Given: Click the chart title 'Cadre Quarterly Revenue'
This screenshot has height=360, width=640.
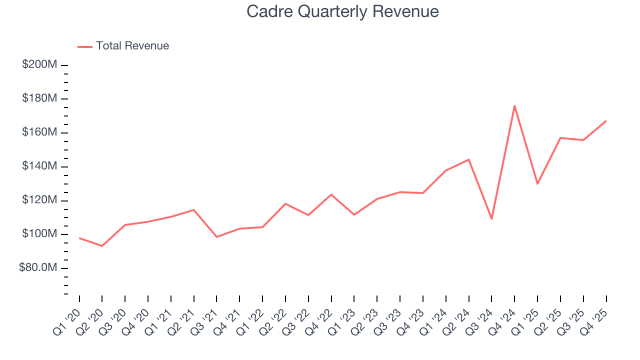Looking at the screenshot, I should pyautogui.click(x=342, y=11).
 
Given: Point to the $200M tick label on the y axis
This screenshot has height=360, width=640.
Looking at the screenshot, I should pyautogui.click(x=39, y=65).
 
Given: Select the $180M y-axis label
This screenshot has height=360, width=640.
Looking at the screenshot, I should pyautogui.click(x=39, y=98).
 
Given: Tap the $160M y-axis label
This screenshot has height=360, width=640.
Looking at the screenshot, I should pyautogui.click(x=39, y=132).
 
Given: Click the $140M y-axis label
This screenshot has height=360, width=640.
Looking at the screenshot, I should pyautogui.click(x=39, y=166).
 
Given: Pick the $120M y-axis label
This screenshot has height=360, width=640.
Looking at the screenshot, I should pyautogui.click(x=39, y=200).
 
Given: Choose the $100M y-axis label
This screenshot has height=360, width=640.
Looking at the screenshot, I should pyautogui.click(x=39, y=234).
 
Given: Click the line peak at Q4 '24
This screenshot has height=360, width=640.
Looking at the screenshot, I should pyautogui.click(x=514, y=105).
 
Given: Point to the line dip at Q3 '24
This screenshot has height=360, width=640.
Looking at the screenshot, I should pyautogui.click(x=491, y=219).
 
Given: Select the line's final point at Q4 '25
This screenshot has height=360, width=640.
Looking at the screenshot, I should pyautogui.click(x=606, y=121).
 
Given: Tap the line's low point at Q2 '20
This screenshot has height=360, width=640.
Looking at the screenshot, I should pyautogui.click(x=102, y=246).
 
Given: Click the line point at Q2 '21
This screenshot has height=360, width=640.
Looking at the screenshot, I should pyautogui.click(x=193, y=209).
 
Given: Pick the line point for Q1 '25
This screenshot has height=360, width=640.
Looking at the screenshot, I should pyautogui.click(x=537, y=184).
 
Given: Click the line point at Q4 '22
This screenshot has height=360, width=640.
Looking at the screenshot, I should pyautogui.click(x=331, y=194).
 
